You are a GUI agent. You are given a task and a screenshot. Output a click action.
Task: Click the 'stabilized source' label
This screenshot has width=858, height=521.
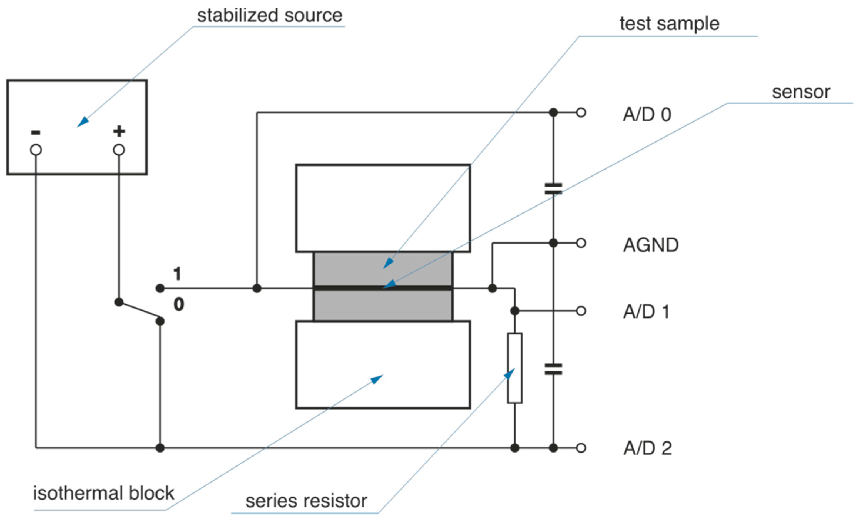coord(270,15)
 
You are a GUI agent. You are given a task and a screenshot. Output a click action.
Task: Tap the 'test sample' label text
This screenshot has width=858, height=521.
coord(669,24)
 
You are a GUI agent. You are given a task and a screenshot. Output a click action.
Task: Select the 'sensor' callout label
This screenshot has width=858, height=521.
coord(801,92)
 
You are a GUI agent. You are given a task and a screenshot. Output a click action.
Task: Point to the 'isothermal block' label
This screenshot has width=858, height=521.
coord(103,493)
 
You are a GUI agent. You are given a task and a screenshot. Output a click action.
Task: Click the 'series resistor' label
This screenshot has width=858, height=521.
coord(306,501)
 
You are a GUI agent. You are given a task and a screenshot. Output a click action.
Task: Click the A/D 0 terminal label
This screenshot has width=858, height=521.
coord(647,115)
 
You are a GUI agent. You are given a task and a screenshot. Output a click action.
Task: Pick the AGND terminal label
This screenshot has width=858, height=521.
coord(650,245)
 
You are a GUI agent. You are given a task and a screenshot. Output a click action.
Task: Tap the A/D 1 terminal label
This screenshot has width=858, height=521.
coord(646,311)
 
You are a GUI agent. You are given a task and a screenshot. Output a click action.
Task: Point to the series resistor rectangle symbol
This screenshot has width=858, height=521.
coord(514,368)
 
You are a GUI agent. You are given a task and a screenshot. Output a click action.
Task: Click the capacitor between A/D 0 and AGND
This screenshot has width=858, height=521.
coord(553,189)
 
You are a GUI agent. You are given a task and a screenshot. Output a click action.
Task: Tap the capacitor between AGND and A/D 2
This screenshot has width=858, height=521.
coord(553,369)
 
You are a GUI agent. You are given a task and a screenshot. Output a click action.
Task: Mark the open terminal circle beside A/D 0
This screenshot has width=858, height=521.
coord(581,113)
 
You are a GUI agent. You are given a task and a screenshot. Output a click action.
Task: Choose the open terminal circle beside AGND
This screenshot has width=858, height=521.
coord(581,243)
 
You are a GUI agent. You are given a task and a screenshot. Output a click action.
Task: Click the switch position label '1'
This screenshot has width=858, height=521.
coord(177,274)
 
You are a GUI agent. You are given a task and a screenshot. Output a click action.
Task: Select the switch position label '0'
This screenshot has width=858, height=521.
coord(179,304)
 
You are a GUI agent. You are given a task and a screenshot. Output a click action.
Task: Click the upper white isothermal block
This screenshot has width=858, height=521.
coord(383,208)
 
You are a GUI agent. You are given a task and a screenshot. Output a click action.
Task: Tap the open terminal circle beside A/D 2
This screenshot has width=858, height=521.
coord(581,448)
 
